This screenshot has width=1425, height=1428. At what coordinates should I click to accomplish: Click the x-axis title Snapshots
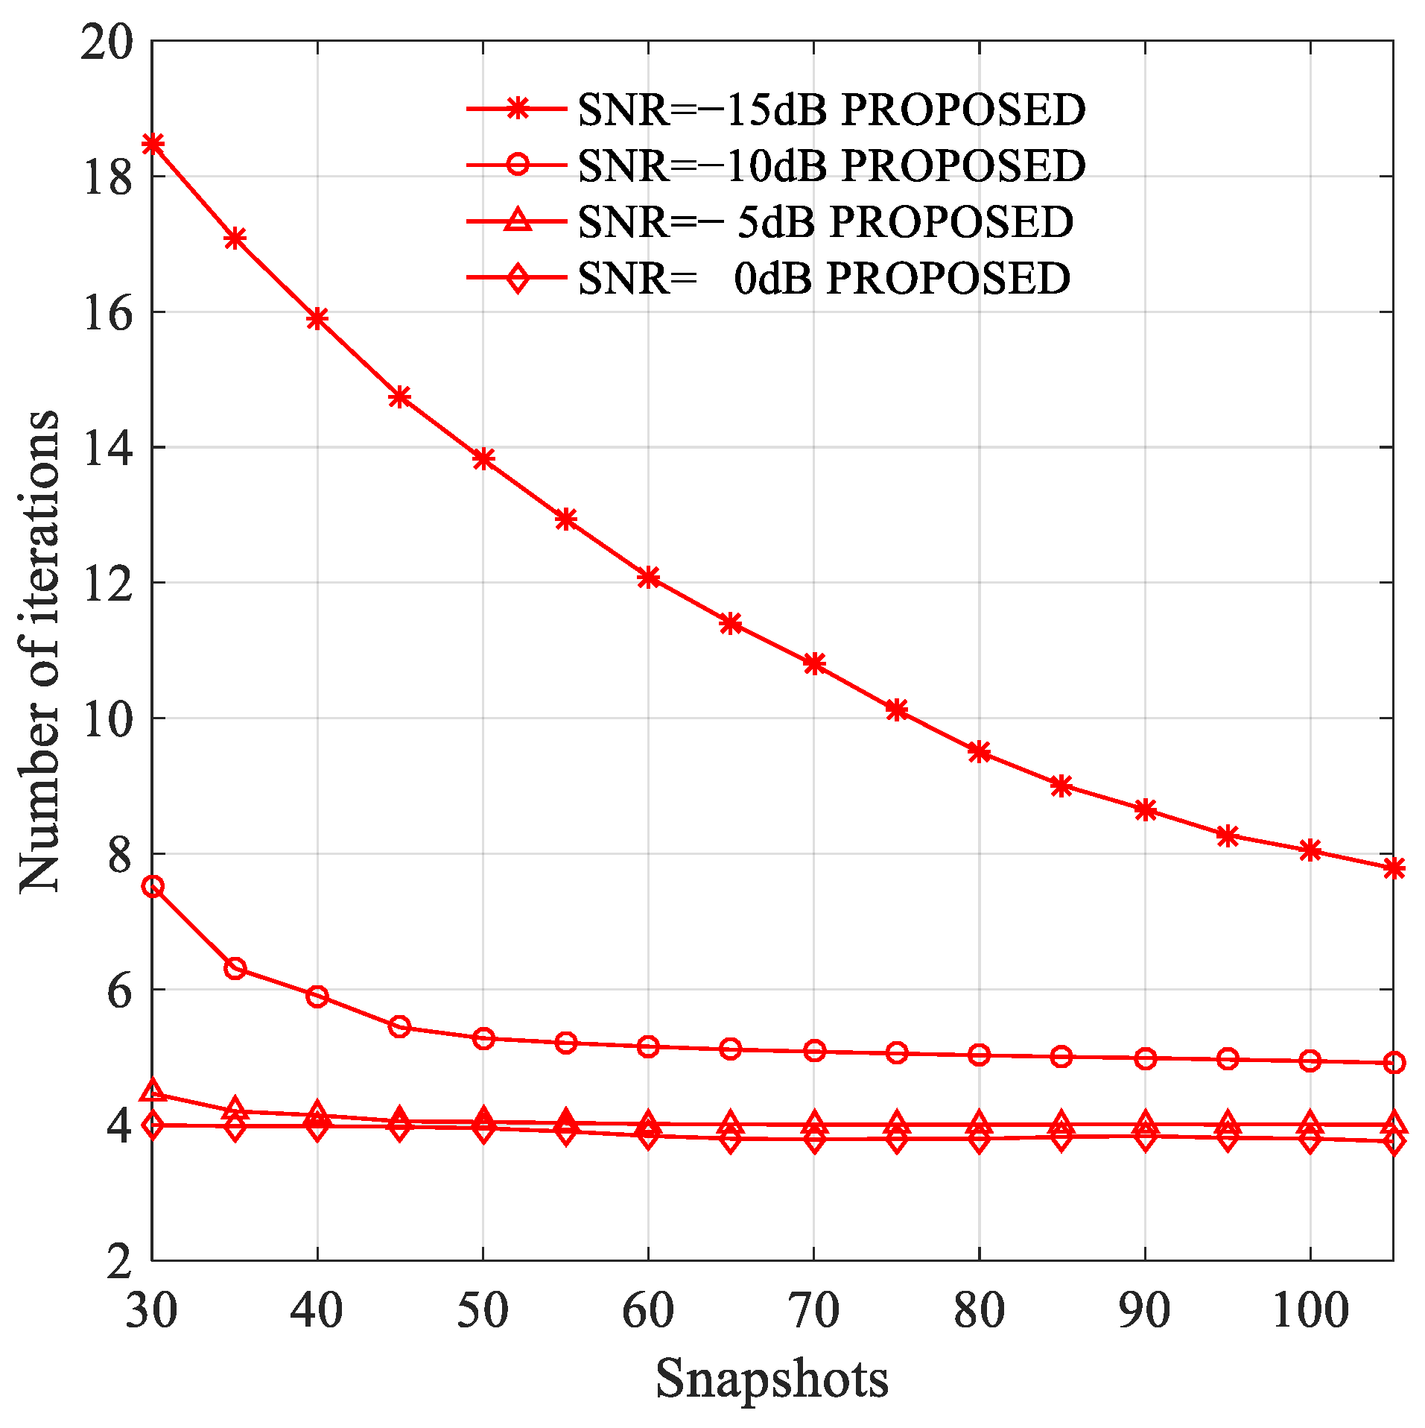point(772,1378)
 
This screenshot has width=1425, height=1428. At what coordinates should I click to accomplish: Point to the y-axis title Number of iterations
point(39,650)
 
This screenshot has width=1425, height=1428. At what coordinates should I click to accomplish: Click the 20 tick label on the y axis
point(107,42)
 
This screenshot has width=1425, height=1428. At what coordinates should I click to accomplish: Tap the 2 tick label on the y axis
point(119,1260)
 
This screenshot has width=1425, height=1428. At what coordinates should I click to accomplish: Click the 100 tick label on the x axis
point(1310,1309)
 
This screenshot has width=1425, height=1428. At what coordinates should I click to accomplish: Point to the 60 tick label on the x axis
point(648,1309)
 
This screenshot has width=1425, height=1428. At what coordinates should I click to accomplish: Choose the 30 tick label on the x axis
point(152,1309)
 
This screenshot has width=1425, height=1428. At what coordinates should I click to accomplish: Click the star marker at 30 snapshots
point(153,143)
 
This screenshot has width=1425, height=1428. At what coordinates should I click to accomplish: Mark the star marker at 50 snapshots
point(483,458)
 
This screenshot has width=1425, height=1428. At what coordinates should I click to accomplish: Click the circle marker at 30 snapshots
point(153,886)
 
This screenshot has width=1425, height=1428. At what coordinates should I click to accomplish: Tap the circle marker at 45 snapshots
point(400,1027)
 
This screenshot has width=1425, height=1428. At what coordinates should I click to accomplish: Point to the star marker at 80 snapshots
point(979,752)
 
